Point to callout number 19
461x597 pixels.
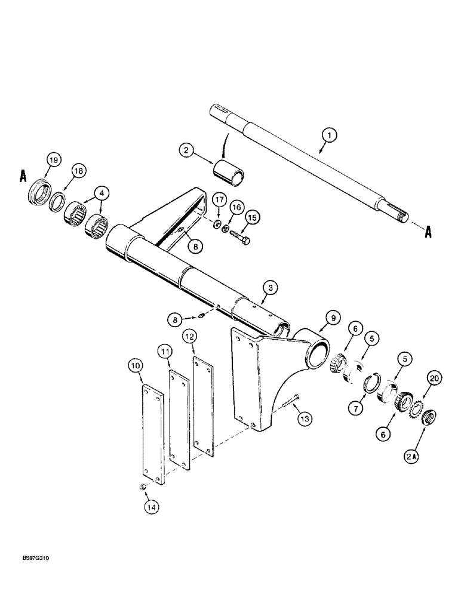[x=54, y=160]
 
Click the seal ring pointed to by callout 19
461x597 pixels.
[x=41, y=192]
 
